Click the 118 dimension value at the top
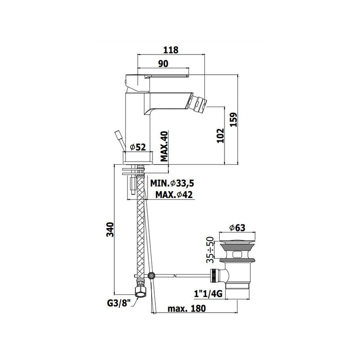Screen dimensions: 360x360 (x=171, y=50)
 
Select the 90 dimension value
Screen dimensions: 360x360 (x=163, y=63)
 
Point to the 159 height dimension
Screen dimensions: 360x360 (x=233, y=119)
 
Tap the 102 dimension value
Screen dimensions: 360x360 (x=220, y=135)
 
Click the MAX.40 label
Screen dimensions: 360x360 (x=164, y=146)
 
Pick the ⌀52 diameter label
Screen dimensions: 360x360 (x=138, y=147)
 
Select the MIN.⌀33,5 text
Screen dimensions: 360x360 (x=172, y=183)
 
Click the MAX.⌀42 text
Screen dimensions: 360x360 (x=174, y=195)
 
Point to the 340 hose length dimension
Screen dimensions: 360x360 (x=110, y=229)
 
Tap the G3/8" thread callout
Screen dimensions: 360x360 (x=119, y=303)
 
